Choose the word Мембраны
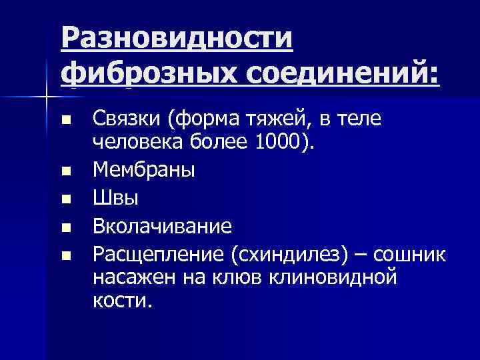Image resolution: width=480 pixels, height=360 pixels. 143,170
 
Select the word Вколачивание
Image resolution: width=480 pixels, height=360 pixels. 162,226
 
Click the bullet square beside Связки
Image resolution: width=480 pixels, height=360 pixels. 65,122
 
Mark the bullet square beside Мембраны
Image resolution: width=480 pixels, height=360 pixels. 65,171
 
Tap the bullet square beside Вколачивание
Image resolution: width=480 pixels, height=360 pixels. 65,227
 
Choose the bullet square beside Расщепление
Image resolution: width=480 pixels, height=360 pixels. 65,255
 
